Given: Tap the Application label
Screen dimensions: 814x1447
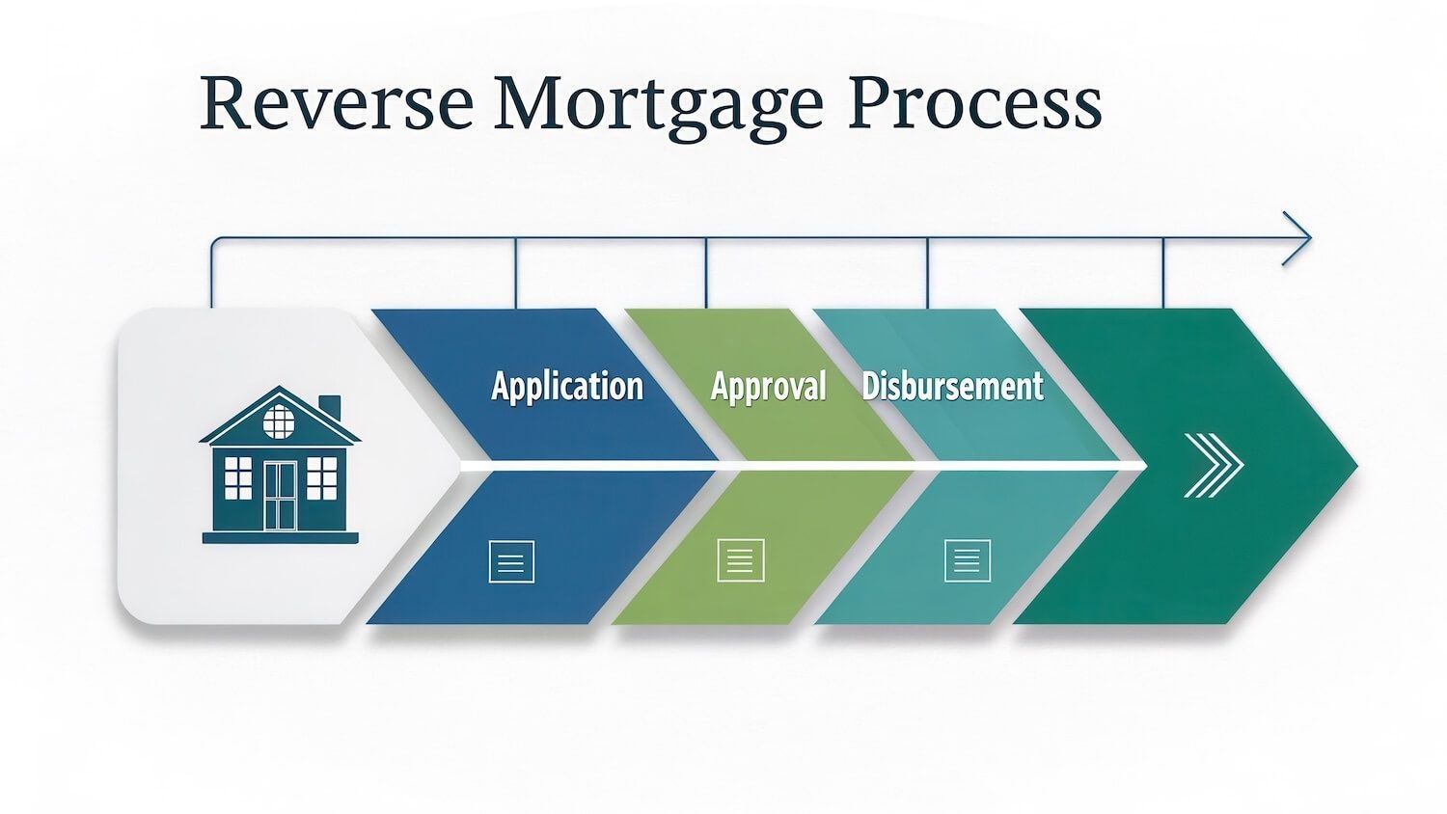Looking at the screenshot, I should point(566,386).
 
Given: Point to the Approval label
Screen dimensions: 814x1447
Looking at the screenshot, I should point(768,386).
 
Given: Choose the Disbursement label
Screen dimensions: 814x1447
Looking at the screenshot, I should point(952,386).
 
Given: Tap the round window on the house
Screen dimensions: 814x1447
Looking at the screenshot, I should point(279,421).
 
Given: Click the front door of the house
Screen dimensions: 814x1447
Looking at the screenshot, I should point(280,496).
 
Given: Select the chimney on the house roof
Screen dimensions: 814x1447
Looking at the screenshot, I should point(329,407).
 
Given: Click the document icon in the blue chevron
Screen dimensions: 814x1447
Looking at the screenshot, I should point(511,561).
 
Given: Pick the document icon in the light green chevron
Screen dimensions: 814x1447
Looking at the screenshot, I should point(741,560).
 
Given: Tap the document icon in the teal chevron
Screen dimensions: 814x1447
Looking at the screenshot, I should point(967,559).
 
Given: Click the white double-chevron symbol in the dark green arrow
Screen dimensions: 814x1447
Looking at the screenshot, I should point(1214,466).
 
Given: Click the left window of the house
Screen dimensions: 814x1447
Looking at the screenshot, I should point(237,477).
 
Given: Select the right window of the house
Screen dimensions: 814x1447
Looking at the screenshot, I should point(321,477).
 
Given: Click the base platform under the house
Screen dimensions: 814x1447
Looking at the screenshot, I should point(280,537).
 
